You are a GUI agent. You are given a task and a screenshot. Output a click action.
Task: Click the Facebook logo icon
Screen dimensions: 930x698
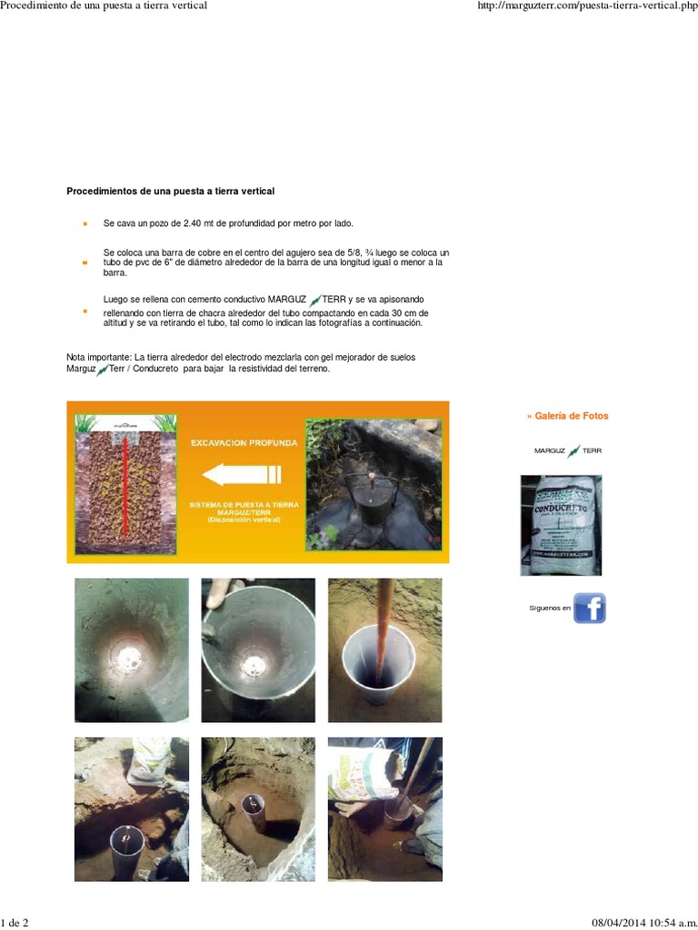click(590, 608)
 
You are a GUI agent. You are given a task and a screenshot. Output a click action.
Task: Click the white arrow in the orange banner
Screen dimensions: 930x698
click(242, 473)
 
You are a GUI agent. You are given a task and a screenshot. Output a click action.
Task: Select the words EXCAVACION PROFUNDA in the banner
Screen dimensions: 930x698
click(243, 442)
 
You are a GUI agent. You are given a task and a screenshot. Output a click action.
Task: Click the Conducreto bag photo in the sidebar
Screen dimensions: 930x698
click(560, 525)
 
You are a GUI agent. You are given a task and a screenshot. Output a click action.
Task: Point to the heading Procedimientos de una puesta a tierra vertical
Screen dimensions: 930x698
click(171, 192)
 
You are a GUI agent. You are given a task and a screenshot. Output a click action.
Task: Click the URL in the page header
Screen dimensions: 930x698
click(586, 6)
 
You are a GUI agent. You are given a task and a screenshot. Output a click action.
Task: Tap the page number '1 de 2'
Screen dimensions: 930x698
click(15, 923)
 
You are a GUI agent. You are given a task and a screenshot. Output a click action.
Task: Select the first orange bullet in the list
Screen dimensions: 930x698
click(85, 223)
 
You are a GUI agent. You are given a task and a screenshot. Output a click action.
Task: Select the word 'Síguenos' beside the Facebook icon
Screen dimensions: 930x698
click(550, 608)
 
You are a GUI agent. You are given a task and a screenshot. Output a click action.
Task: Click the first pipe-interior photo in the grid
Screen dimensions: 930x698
click(132, 650)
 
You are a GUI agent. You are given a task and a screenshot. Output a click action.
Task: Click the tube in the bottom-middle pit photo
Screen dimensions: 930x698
click(254, 806)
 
